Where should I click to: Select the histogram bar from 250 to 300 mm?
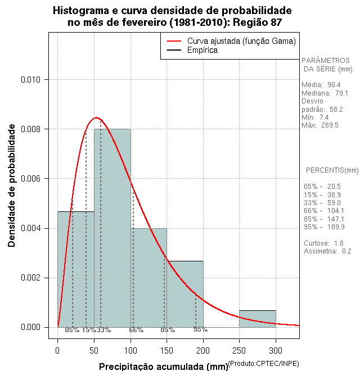point(258,319)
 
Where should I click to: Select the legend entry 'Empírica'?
point(202,50)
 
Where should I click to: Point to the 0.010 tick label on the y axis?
point(30,80)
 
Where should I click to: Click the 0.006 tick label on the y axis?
point(30,179)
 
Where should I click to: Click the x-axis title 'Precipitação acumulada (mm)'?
point(163,367)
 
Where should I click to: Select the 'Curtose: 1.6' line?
point(323,243)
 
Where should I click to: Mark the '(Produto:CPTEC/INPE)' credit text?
point(262,364)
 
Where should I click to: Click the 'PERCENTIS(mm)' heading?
point(332,170)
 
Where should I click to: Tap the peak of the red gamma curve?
point(96,117)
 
